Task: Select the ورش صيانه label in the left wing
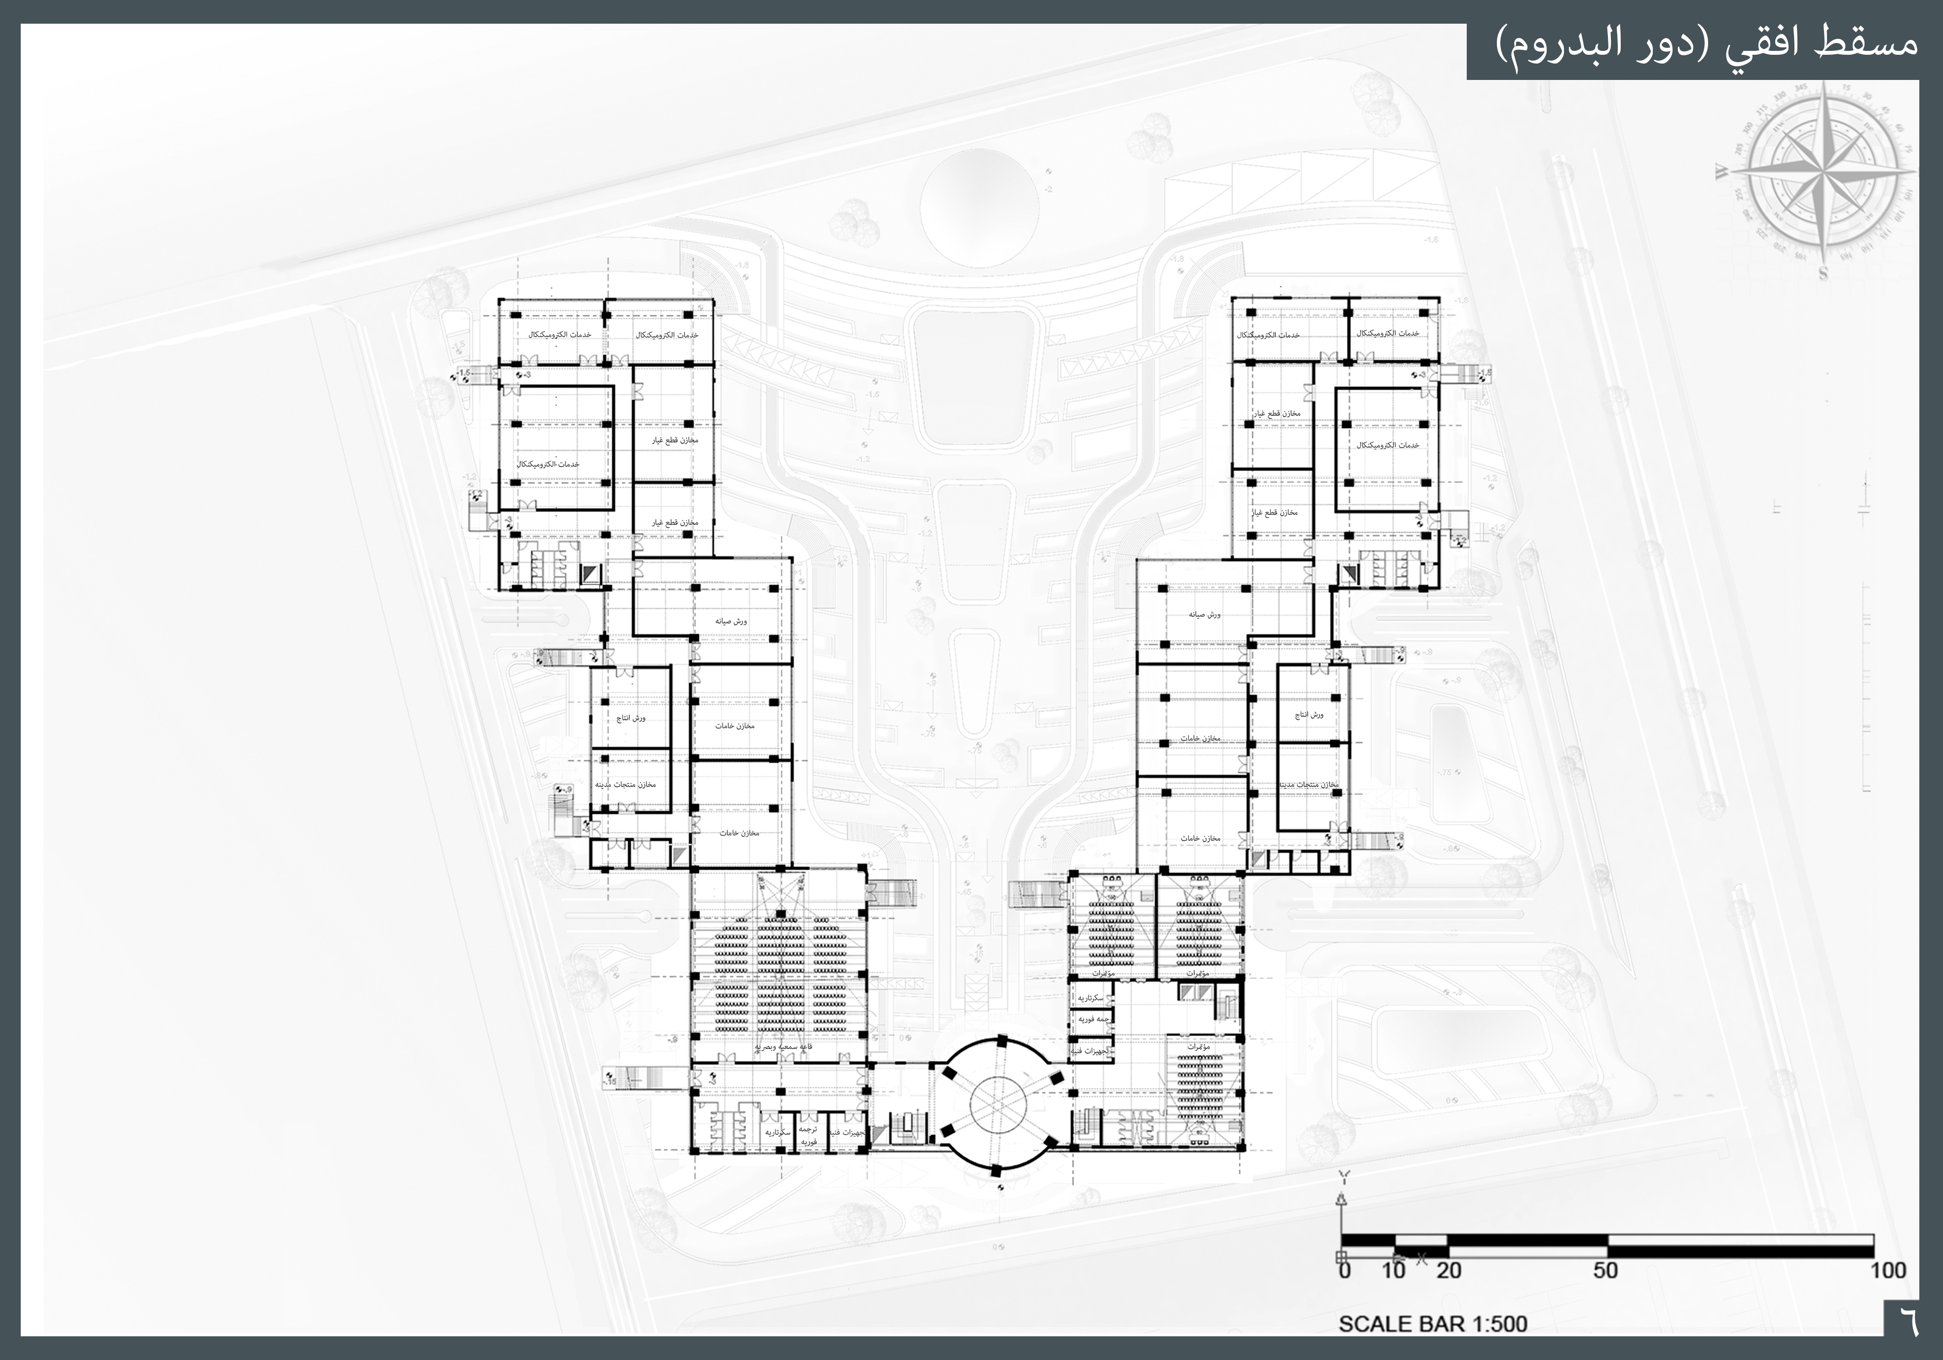point(731,621)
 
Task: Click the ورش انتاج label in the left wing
point(630,718)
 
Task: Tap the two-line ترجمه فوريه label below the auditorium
point(808,1135)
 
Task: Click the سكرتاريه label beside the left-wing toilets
point(777,1133)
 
